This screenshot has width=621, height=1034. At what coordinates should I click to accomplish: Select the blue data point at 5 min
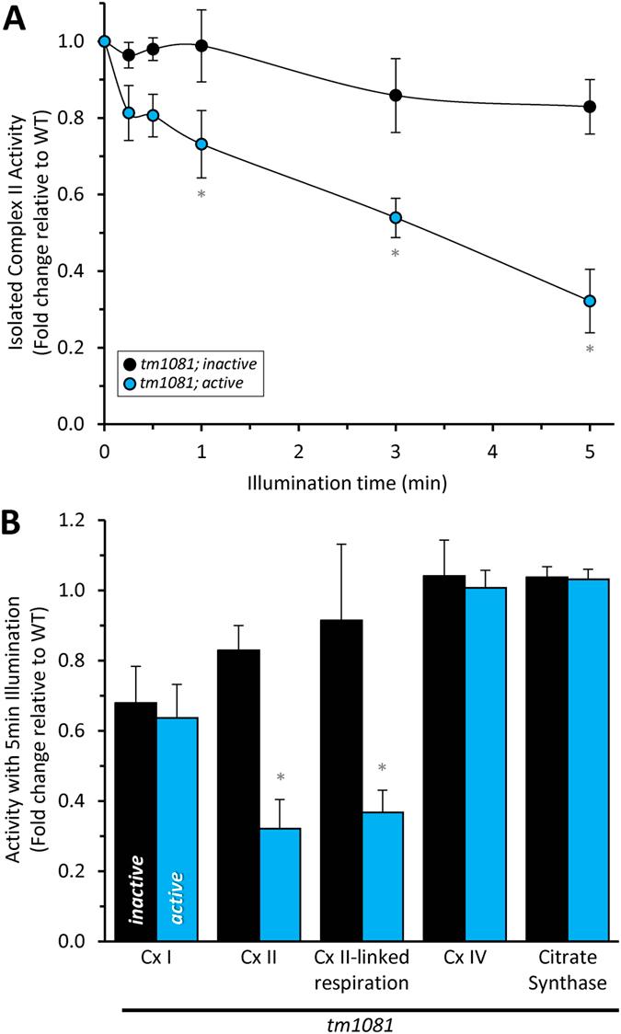[589, 301]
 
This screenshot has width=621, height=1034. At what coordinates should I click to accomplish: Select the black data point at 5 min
[589, 107]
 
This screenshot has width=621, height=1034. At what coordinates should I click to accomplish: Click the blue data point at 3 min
[396, 218]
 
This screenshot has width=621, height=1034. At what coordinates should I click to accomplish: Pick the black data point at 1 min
[201, 45]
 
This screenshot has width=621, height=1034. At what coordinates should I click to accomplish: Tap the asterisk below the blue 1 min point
[201, 194]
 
